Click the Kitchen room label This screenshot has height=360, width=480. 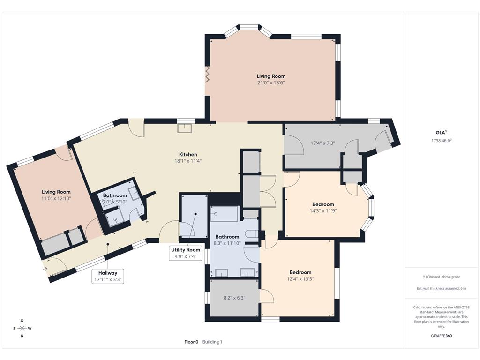pos(188,154)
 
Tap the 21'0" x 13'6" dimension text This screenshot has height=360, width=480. pos(271,82)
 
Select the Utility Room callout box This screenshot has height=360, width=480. pos(186,253)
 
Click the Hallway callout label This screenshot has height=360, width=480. pos(108,273)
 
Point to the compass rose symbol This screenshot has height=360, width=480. pos(22,329)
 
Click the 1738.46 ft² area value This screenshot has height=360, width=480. pos(442,141)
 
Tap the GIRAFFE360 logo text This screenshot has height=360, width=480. pos(442,336)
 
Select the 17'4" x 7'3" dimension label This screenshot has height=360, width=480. pos(322,143)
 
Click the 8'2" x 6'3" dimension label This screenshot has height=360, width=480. pos(234,297)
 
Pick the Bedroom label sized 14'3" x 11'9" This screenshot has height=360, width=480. pos(323,204)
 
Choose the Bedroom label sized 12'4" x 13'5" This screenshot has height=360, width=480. pos(300,272)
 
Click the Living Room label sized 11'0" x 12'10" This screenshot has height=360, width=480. pos(56,192)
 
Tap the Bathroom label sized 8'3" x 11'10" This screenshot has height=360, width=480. pos(227,237)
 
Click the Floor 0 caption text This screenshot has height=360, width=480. pos(191,342)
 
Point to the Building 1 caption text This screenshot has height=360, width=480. pos(212,342)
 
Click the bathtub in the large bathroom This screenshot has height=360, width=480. pos(224,214)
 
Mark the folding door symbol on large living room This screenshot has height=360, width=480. pos(207,74)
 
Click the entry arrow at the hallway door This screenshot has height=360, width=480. pos(45,269)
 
